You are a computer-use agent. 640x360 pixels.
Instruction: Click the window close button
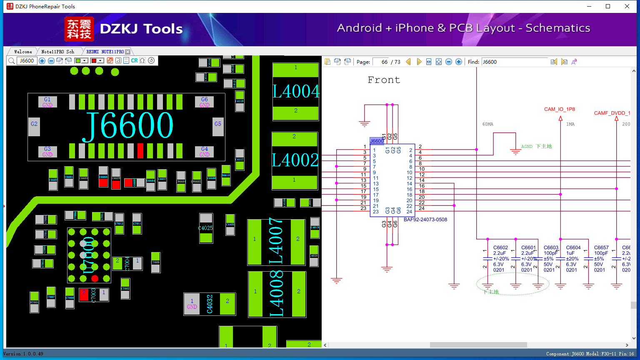click(627, 6)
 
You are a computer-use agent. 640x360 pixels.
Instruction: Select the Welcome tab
click(23, 52)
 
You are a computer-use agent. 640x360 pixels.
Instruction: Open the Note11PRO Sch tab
click(57, 52)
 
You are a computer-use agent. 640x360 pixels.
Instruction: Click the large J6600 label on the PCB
click(128, 125)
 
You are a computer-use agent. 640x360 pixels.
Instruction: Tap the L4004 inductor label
click(296, 91)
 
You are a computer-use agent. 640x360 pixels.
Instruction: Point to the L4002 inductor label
click(295, 160)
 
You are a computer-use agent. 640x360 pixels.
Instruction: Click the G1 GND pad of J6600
click(47, 102)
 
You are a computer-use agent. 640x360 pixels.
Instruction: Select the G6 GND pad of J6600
click(204, 102)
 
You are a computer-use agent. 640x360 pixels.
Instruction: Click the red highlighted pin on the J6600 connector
click(140, 150)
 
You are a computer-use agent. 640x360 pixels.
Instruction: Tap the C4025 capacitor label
click(205, 228)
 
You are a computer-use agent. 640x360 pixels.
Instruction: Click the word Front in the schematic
click(384, 80)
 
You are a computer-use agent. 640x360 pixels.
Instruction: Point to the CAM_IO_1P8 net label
click(559, 109)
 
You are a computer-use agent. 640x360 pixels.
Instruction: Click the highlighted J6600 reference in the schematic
click(377, 141)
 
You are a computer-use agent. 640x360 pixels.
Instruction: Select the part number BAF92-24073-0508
click(425, 220)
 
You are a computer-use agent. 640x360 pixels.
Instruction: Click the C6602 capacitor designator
click(500, 247)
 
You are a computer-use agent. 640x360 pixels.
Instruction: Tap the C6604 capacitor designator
click(573, 247)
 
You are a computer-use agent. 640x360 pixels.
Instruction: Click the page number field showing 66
click(380, 62)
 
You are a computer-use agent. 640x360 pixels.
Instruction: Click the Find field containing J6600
click(515, 62)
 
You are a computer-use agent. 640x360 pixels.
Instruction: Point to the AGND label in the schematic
click(527, 147)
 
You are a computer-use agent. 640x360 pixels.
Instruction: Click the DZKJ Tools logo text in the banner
click(141, 29)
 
